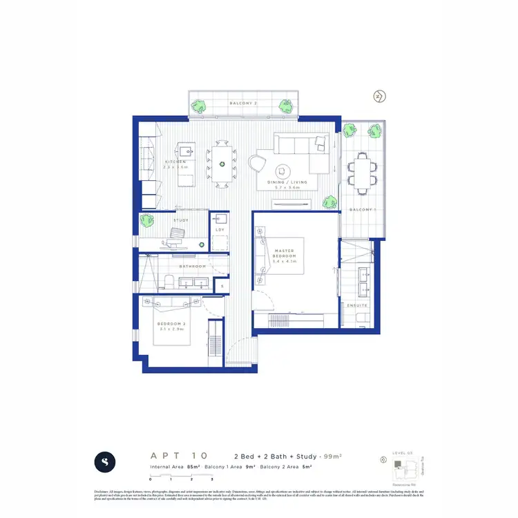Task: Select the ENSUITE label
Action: coord(358,305)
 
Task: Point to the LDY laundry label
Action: coord(220,229)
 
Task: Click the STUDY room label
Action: coord(181,220)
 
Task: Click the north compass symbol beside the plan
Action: coord(379,97)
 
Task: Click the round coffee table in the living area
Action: coord(284,170)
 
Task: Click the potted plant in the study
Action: coord(146,220)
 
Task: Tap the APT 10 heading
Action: coord(178,456)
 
